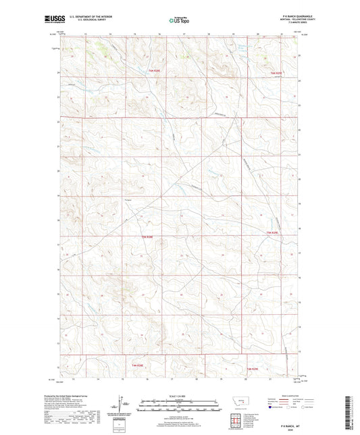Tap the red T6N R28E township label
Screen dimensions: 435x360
click(x=155, y=69)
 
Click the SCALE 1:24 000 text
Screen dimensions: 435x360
click(x=179, y=396)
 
